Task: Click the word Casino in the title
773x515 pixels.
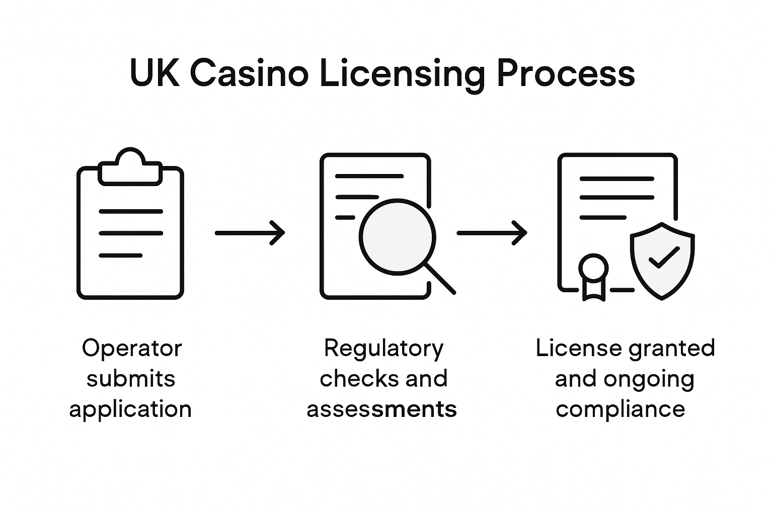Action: pos(249,74)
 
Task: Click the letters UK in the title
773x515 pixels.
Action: pos(154,74)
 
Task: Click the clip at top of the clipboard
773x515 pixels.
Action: pos(130,166)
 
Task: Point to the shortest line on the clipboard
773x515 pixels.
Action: pos(120,255)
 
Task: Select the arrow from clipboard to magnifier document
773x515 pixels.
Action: pos(250,232)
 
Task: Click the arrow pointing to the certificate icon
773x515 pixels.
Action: pos(491,232)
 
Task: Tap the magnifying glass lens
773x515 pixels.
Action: pos(397,237)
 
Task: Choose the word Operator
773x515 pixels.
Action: pos(131,348)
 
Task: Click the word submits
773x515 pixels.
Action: pos(130,378)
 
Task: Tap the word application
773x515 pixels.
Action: pos(130,409)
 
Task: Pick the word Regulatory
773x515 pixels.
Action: pos(383,348)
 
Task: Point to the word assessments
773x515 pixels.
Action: pos(381,409)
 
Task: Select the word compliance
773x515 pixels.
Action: pos(620,409)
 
